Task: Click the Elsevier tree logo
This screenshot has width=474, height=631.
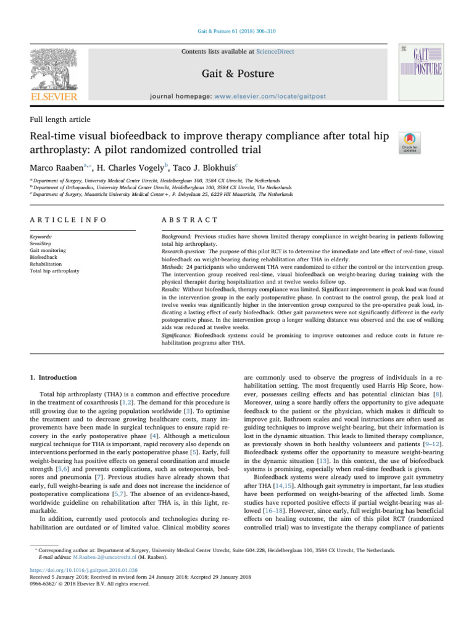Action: [x=54, y=67]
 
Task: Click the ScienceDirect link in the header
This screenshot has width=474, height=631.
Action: [x=254, y=49]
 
